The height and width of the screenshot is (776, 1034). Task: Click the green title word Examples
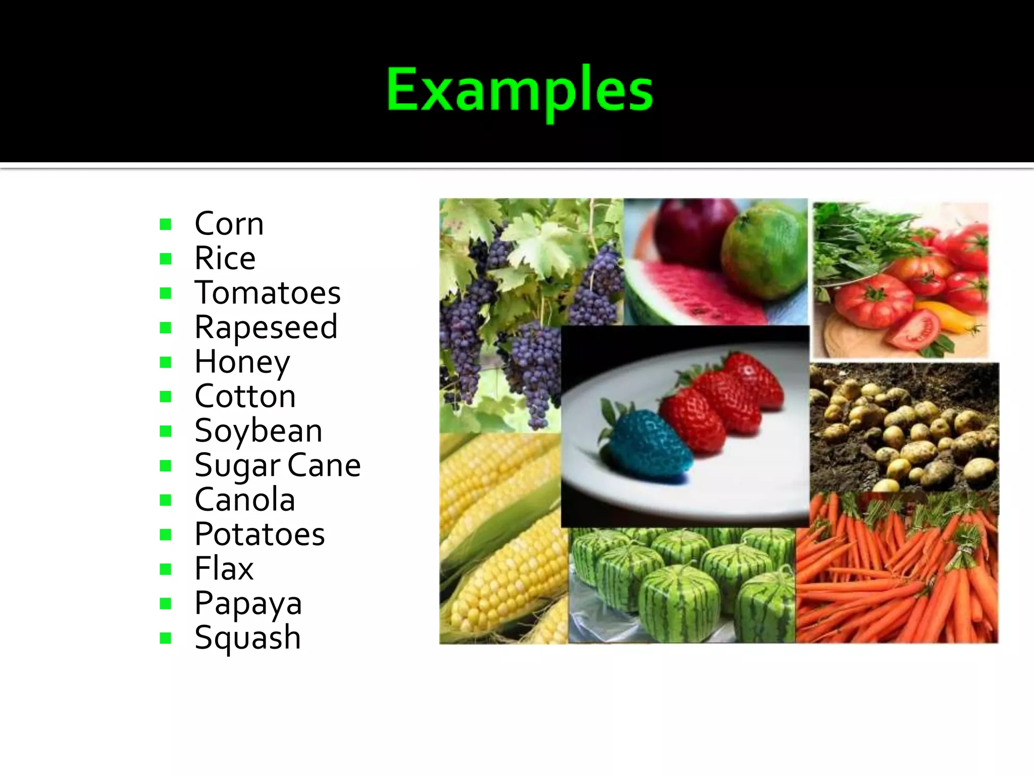(x=520, y=91)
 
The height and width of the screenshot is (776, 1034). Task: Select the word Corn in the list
(x=229, y=224)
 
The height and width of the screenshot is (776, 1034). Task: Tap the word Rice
(x=225, y=258)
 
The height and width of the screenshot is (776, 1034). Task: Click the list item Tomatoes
(x=268, y=293)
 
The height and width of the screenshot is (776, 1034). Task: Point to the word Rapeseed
(x=266, y=327)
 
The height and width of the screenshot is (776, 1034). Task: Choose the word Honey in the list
(x=242, y=362)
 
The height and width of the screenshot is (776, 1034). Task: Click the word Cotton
(x=245, y=397)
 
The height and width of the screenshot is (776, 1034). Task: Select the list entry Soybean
(x=258, y=431)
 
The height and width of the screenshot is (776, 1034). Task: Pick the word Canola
(x=245, y=500)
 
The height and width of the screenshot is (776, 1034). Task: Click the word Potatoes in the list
(x=260, y=535)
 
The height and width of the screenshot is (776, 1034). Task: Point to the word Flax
(x=224, y=569)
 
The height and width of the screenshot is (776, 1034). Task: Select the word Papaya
(x=248, y=603)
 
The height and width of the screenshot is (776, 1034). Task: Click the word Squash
(x=247, y=638)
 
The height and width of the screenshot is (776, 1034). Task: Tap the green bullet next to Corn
(x=165, y=224)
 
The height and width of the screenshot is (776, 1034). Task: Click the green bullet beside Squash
(x=165, y=638)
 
